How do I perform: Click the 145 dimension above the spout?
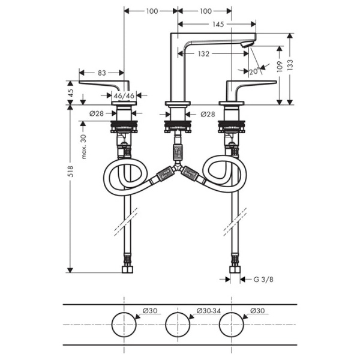[x=218, y=25]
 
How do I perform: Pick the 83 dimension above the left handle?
[x=101, y=73]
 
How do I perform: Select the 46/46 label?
[x=124, y=95]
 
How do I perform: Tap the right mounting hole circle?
[x=232, y=324]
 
